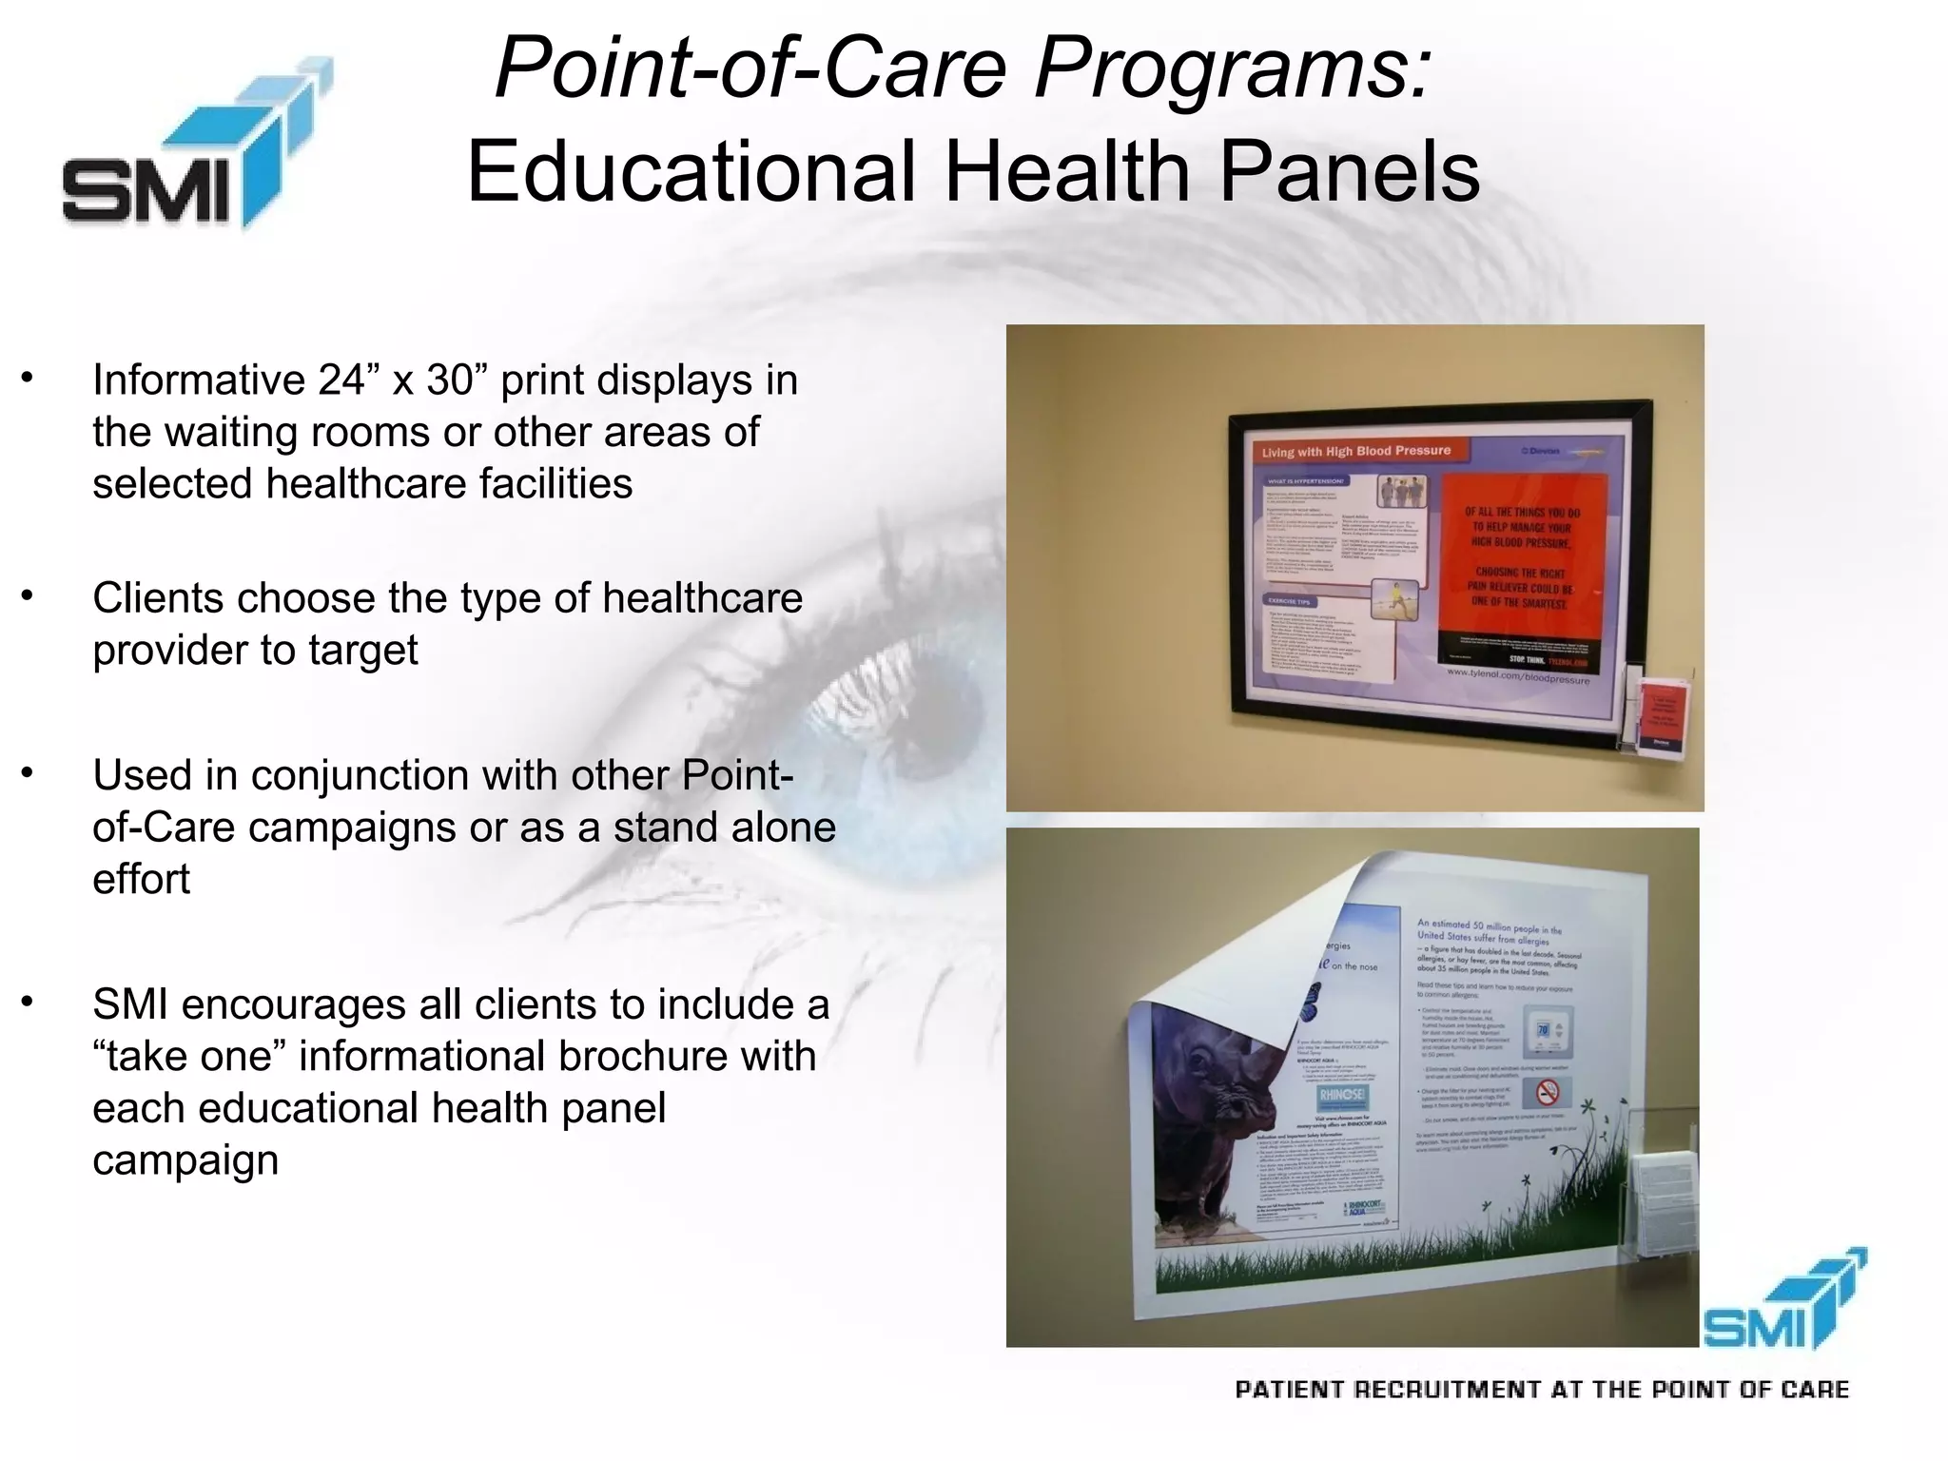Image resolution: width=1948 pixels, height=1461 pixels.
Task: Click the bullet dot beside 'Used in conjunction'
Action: [x=29, y=771]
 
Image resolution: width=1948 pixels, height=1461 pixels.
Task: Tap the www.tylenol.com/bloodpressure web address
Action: [x=1517, y=676]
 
